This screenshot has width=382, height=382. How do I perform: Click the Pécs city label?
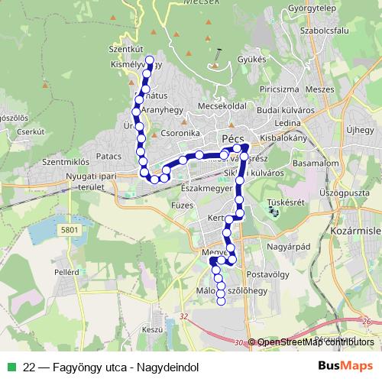click(x=231, y=138)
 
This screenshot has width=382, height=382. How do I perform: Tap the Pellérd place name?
click(x=66, y=271)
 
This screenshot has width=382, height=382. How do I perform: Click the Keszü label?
click(x=152, y=329)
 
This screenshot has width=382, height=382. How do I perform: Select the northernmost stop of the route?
click(x=149, y=60)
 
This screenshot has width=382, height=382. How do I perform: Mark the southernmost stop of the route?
click(x=221, y=301)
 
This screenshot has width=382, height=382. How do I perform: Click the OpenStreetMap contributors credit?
click(x=315, y=342)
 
